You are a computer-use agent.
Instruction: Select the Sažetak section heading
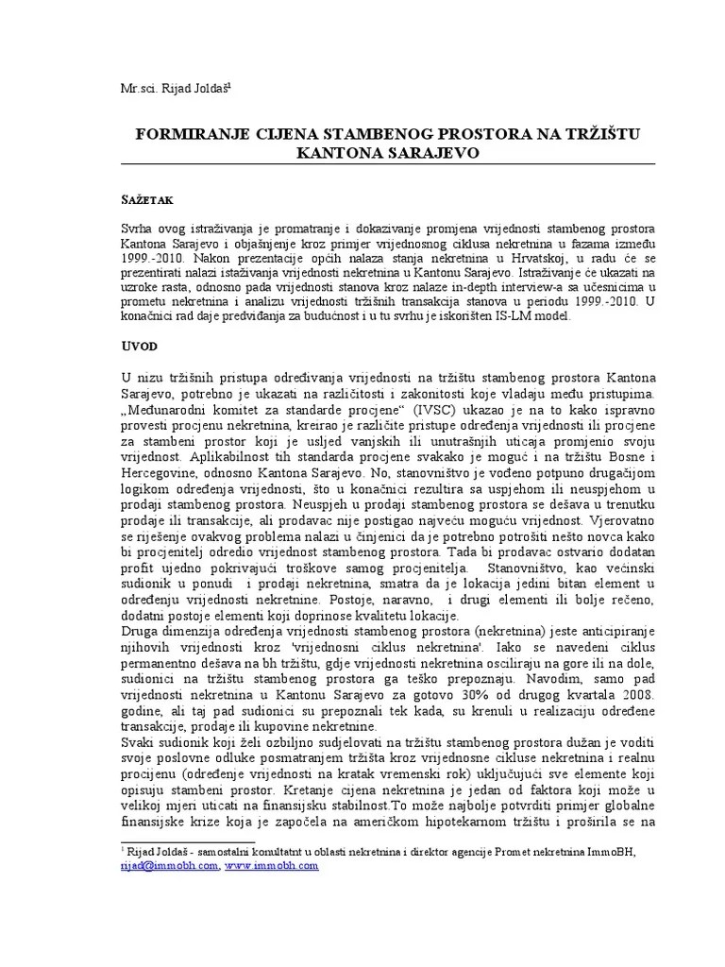click(146, 202)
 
